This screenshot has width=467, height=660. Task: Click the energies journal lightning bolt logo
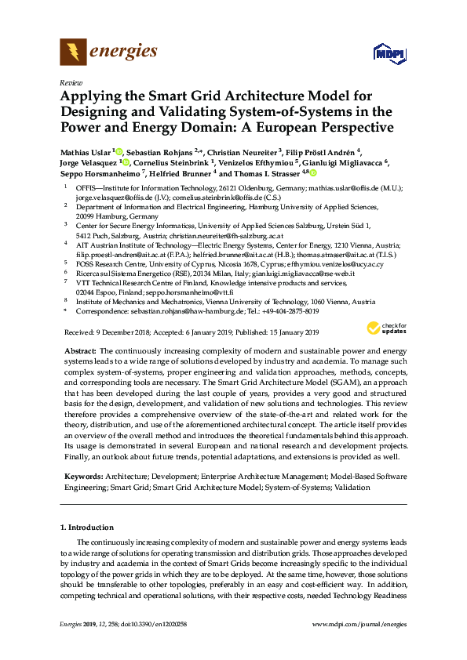point(73,53)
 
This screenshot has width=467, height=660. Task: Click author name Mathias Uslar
point(86,151)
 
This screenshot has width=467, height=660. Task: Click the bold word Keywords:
point(83,476)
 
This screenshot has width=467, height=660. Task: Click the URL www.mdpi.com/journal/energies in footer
point(359,623)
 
